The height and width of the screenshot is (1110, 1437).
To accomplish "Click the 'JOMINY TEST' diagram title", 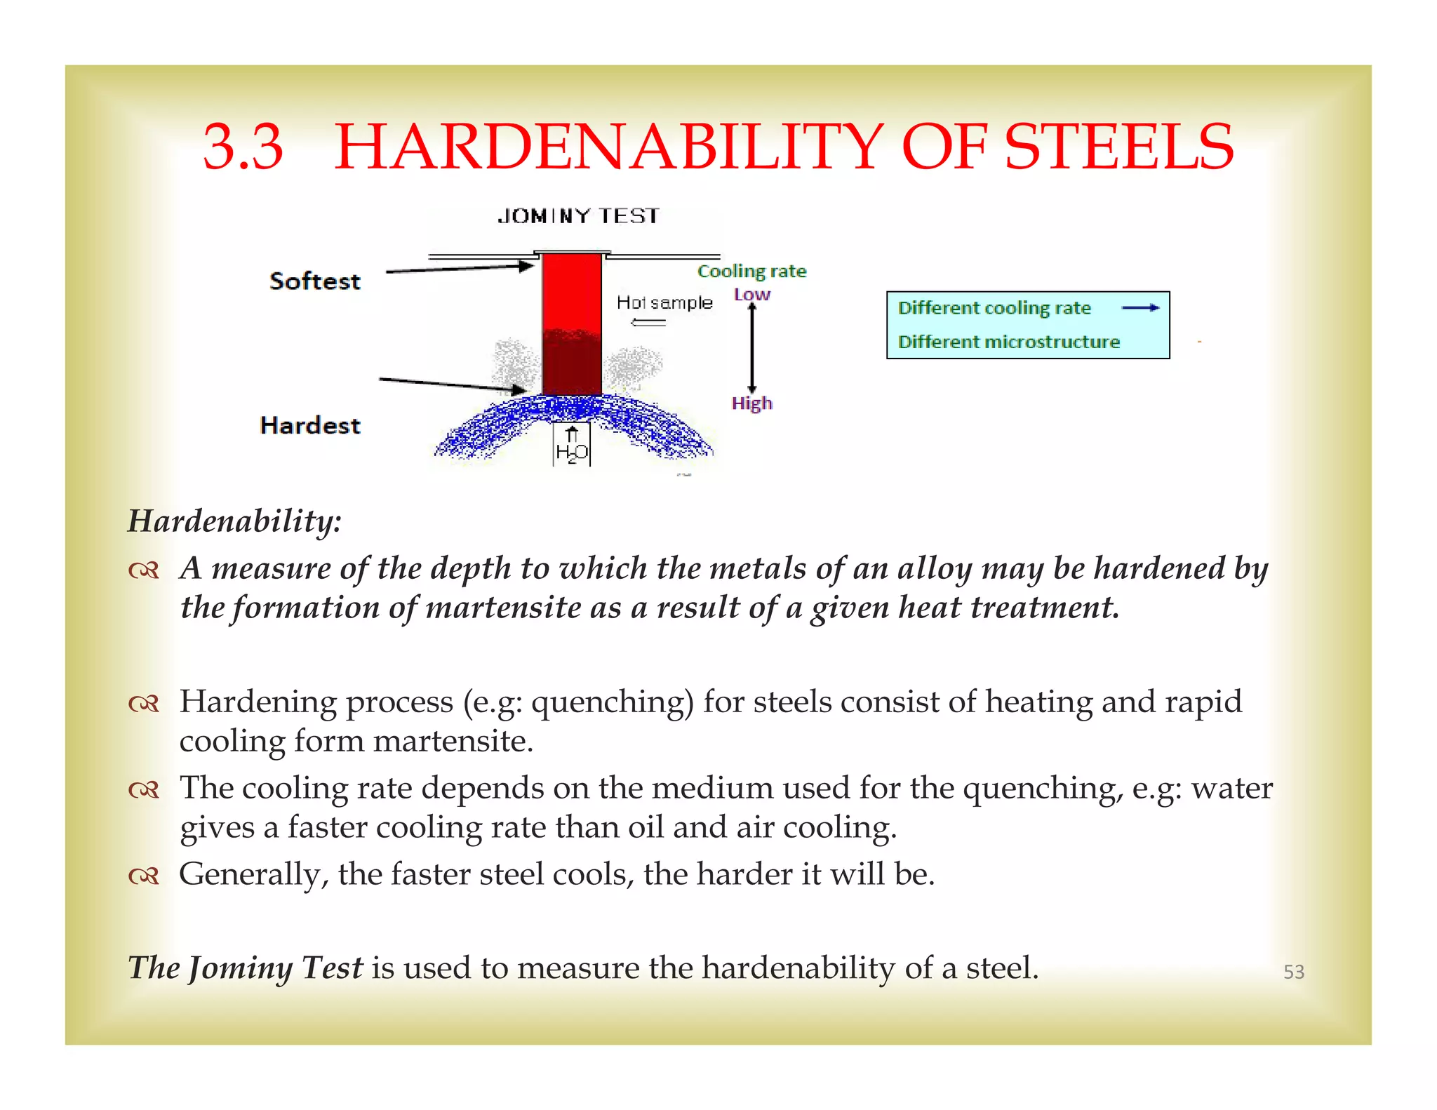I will (578, 216).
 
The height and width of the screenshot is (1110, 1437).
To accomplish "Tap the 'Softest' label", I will (315, 281).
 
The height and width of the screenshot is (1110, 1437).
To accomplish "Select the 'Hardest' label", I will (310, 425).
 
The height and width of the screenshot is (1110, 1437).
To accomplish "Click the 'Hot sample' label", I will (664, 302).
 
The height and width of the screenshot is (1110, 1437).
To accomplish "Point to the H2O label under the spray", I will (572, 453).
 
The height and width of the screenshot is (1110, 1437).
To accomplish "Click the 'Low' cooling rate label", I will (752, 295).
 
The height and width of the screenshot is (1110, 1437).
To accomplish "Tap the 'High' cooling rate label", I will (751, 403).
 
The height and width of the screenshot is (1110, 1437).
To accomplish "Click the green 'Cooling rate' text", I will (751, 271).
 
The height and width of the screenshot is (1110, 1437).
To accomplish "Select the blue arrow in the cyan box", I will (1140, 307).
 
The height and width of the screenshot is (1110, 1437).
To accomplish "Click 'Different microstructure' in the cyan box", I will (1008, 342).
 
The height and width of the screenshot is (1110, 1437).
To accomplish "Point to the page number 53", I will (1293, 972).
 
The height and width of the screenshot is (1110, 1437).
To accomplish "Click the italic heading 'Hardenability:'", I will (234, 521).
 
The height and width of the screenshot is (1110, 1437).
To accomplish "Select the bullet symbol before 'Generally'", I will (145, 876).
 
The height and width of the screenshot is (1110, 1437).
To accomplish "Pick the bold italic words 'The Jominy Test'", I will (246, 968).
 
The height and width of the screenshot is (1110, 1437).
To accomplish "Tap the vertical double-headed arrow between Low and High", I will (751, 349).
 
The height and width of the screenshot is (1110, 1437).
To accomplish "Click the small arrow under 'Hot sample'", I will (648, 322).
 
